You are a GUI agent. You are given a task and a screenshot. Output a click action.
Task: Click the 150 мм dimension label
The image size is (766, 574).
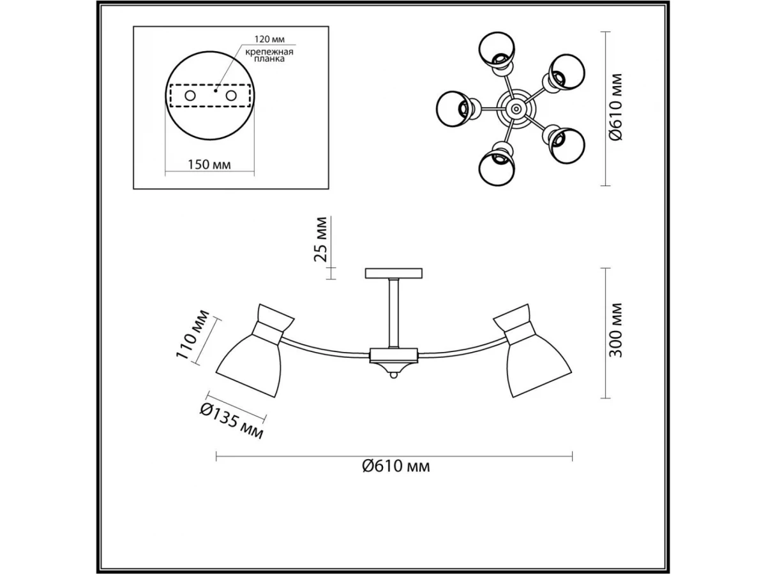coord(209,165)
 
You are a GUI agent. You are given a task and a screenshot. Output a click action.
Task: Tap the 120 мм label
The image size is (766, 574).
coord(269,39)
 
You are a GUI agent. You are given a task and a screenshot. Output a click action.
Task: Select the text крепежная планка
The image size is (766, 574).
coord(269,55)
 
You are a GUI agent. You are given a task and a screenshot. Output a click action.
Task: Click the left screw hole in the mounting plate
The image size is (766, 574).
coord(190,96)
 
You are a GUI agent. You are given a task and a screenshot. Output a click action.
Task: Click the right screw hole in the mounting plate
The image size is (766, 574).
coord(231,96)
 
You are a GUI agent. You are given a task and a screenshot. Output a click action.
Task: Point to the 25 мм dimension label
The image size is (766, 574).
coord(320,239)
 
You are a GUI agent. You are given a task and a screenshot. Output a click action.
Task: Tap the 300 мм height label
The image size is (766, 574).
coord(615,330)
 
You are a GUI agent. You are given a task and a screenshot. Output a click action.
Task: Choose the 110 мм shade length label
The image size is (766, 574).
coord(192,334)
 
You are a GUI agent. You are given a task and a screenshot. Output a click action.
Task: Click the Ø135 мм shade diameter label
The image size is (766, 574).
coord(232,422)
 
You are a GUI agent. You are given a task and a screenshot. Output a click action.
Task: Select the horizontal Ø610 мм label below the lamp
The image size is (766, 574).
coord(396,466)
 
